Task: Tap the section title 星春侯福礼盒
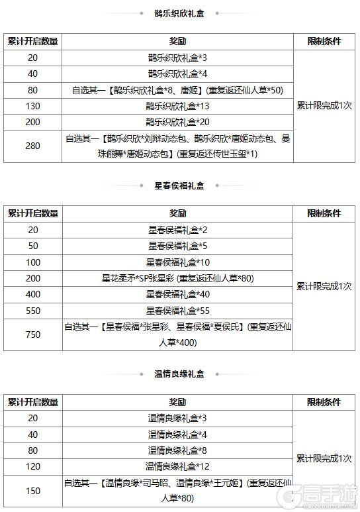179,186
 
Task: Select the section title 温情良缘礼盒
179,374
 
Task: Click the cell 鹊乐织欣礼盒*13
177,106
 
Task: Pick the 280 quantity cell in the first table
32,146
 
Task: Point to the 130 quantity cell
32,106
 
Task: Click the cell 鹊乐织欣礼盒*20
177,122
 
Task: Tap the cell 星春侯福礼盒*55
177,310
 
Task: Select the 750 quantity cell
32,334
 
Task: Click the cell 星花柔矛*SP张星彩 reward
177,278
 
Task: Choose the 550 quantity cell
32,310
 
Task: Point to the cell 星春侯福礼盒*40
177,294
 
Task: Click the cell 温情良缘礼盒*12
177,466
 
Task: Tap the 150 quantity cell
32,491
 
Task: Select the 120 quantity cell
32,466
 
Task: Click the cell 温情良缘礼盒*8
177,450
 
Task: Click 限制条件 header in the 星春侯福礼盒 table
324,214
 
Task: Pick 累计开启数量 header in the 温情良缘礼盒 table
32,402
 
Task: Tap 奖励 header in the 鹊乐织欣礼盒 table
177,41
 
